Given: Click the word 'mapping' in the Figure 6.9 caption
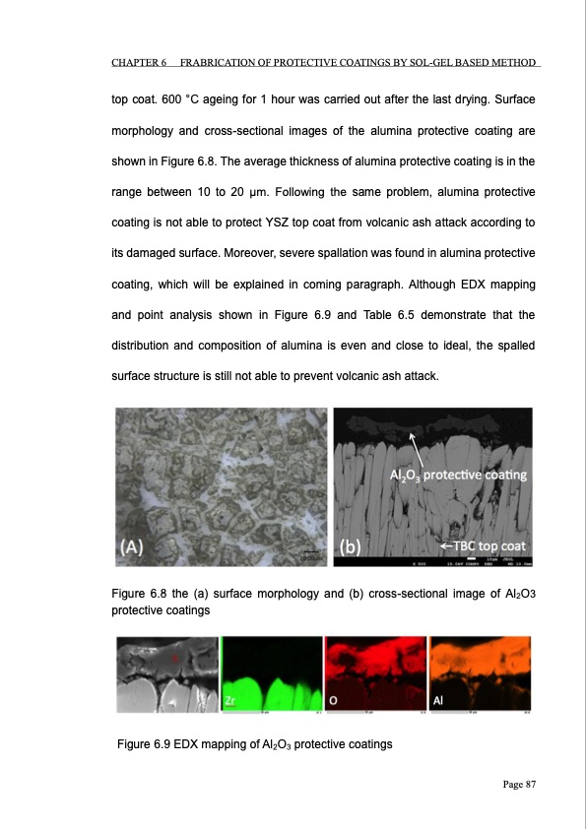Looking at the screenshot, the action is (x=232, y=744).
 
